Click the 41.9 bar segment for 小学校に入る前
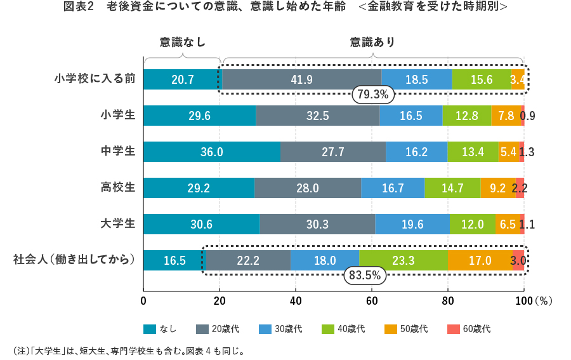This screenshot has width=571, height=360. point(301,79)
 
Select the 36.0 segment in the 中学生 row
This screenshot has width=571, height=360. point(211,152)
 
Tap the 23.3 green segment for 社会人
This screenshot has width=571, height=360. point(403,260)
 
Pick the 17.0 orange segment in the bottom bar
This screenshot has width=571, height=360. point(480,260)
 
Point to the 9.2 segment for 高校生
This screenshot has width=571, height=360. point(497,188)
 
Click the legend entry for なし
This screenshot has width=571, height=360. point(159,329)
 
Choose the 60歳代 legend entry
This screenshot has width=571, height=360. point(469,329)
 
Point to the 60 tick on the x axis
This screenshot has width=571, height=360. point(372,300)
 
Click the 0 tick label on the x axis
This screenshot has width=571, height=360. point(143,300)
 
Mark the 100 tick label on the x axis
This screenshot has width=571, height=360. point(523,300)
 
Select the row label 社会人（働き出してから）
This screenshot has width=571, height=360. point(74,260)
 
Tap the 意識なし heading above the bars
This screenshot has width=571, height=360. point(182,43)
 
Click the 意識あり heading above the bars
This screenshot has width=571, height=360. point(373,43)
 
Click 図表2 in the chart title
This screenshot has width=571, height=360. point(79,7)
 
